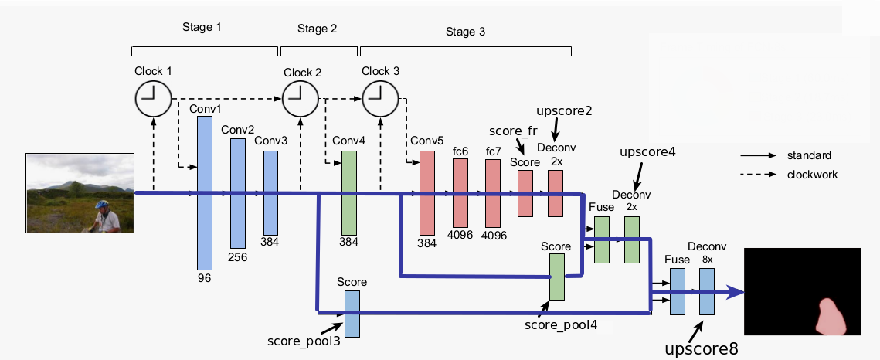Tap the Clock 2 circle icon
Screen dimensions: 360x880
[300, 98]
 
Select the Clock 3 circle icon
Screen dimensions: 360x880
[379, 98]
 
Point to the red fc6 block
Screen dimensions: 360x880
[460, 193]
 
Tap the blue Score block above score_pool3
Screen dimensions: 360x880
[352, 314]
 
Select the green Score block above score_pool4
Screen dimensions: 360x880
[556, 277]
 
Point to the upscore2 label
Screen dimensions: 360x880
[564, 110]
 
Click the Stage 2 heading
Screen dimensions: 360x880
[317, 29]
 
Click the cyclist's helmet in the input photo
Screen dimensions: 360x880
[102, 205]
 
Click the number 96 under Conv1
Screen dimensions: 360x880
[204, 277]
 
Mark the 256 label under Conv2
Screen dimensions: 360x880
[237, 257]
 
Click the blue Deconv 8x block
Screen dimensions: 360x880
[707, 291]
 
